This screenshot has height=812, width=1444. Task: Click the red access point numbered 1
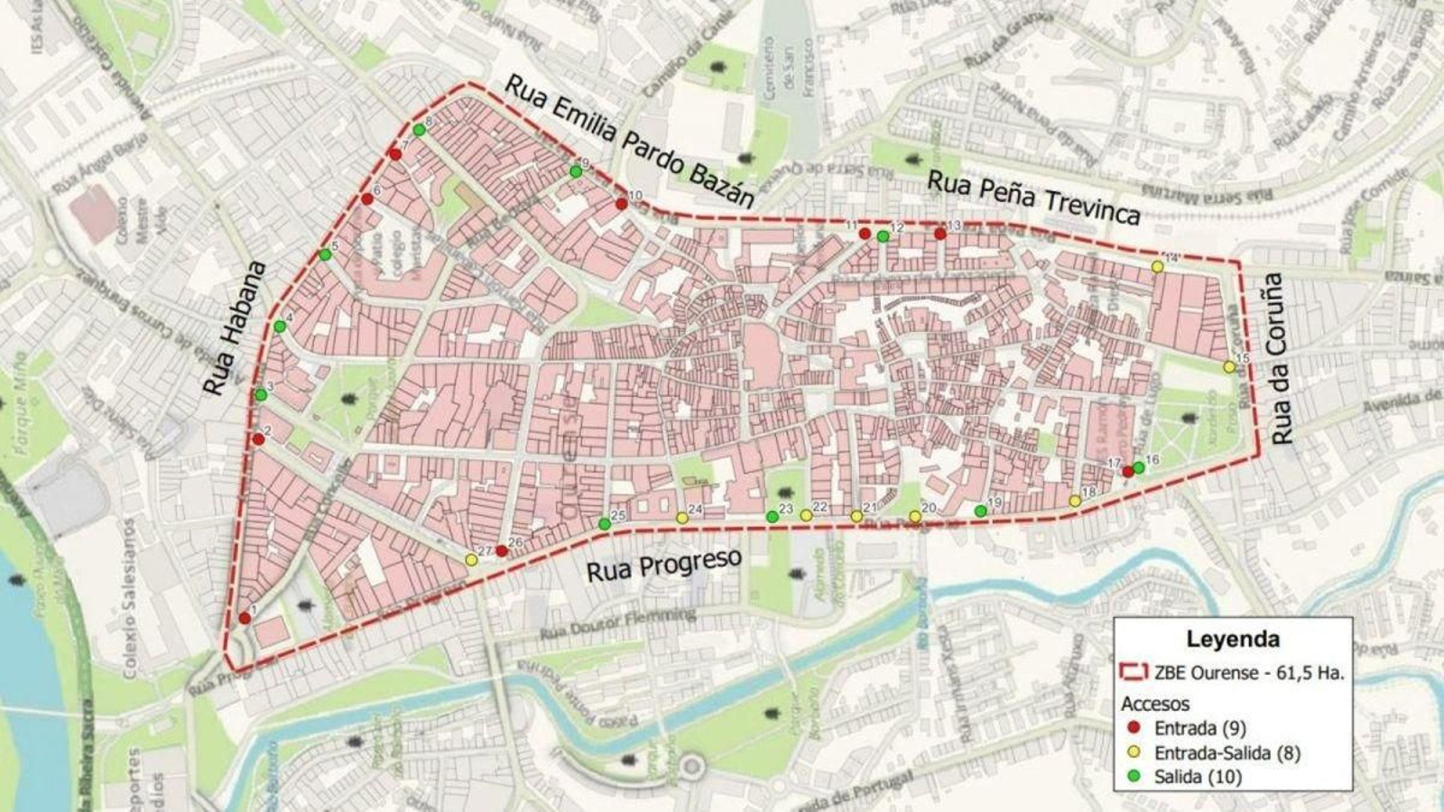coord(245,618)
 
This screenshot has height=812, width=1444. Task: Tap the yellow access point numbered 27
coord(471,560)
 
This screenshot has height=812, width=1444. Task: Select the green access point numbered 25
coord(605,524)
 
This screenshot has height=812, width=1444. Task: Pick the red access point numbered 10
coord(622,204)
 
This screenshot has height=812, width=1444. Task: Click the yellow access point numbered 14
coord(1157,266)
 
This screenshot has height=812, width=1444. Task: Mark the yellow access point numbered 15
coord(1228,367)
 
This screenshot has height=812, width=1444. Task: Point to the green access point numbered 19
coord(981,512)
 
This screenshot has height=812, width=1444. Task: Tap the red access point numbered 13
coord(940,234)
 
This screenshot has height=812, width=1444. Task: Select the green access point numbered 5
coord(325,255)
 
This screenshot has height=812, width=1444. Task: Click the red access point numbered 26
coord(502,550)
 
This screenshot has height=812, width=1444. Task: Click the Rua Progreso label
coord(663,566)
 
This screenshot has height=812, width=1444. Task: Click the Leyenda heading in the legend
coord(1232,639)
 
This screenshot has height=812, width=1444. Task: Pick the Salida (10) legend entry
coord(1198,777)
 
